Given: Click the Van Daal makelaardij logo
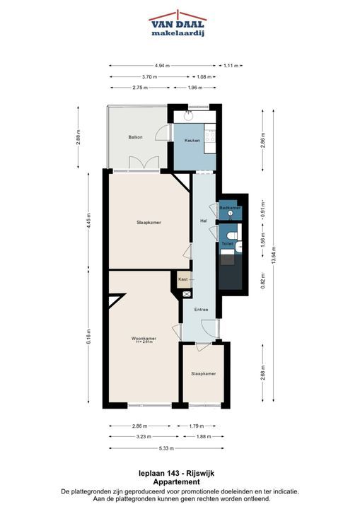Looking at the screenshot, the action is click(x=178, y=23).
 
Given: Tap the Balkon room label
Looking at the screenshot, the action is click(x=135, y=137).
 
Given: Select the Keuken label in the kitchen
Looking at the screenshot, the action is click(x=192, y=141).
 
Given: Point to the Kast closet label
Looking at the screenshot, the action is click(x=183, y=279).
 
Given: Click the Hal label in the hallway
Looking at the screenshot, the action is click(x=204, y=221).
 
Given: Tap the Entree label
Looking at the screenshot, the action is click(x=201, y=310).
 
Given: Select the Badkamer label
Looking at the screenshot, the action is click(x=230, y=208).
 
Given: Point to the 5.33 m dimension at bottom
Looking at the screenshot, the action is click(x=167, y=449).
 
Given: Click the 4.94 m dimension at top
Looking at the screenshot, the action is click(x=162, y=66).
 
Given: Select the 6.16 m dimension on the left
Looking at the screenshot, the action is click(x=88, y=338).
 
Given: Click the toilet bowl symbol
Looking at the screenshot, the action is click(x=232, y=236).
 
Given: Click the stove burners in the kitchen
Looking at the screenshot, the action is click(x=209, y=136).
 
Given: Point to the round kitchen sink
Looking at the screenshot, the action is click(x=189, y=116).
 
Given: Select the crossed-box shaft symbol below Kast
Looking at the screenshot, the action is click(x=187, y=294).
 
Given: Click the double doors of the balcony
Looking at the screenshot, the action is click(x=144, y=163).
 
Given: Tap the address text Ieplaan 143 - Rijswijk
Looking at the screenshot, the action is click(x=176, y=474).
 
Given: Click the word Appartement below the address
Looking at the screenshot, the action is click(x=176, y=482).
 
